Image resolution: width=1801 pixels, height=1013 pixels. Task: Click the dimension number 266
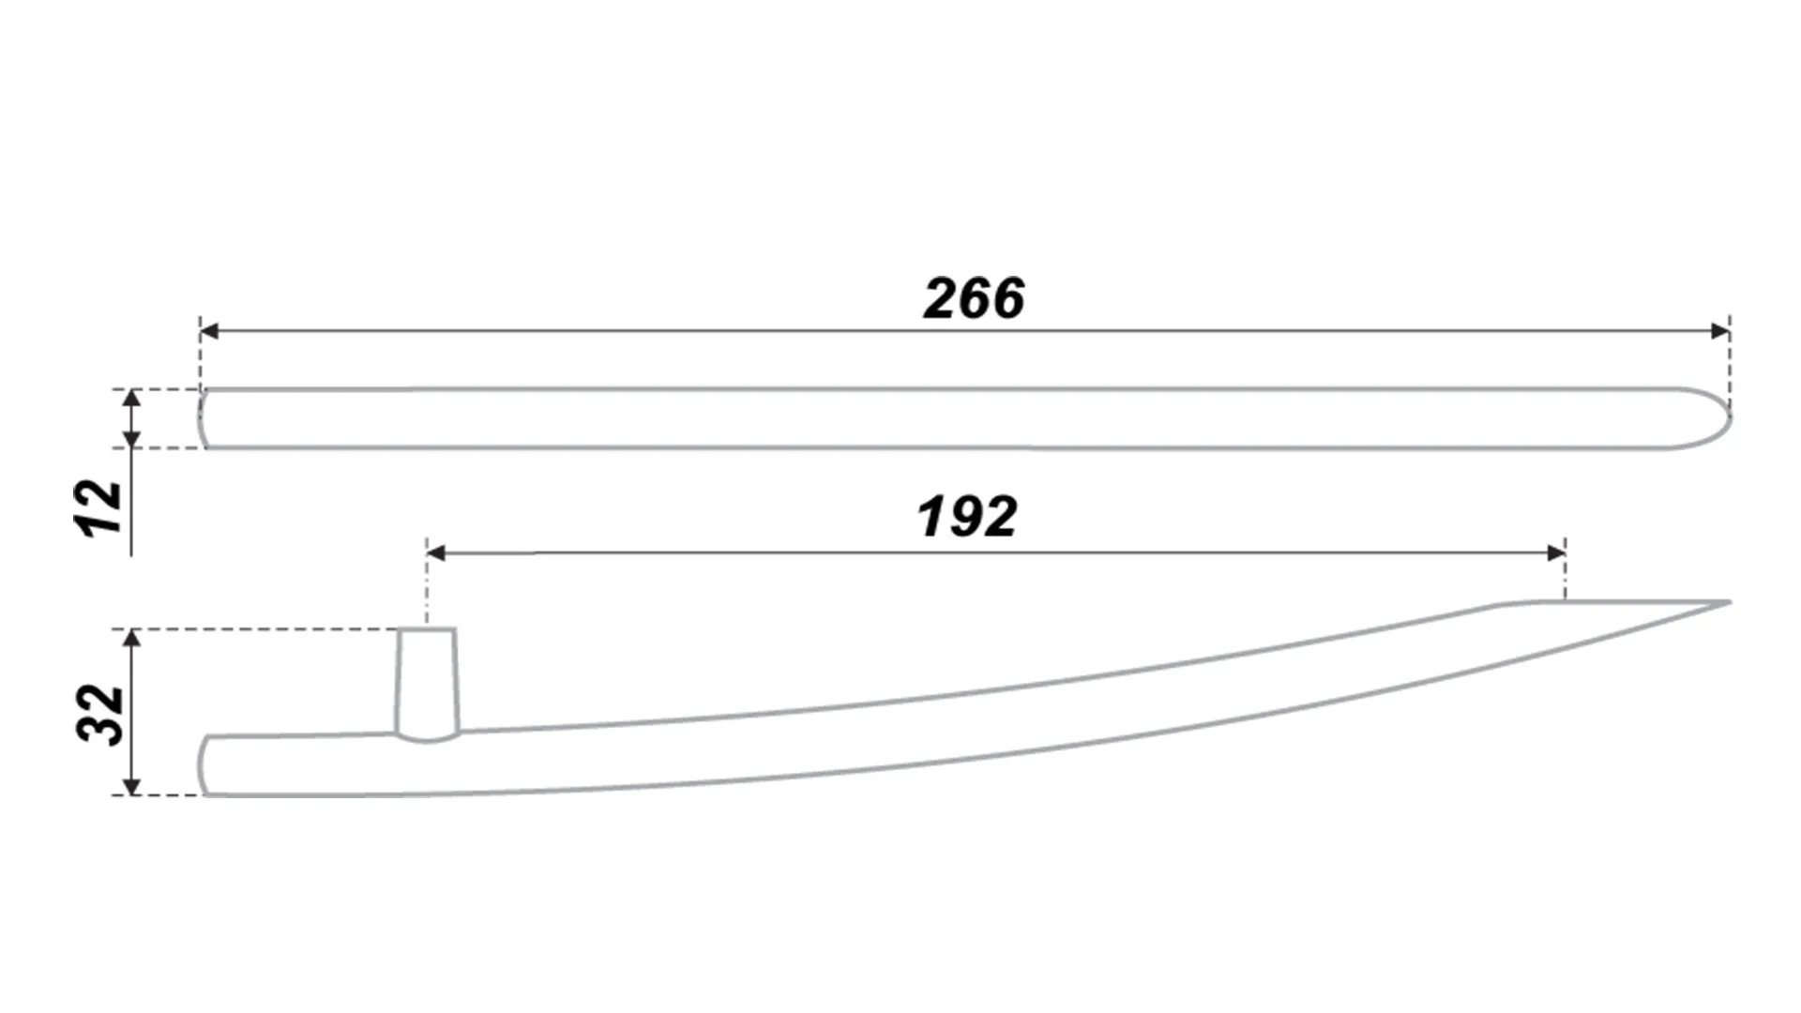(x=974, y=298)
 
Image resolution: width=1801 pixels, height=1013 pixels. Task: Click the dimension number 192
(x=966, y=517)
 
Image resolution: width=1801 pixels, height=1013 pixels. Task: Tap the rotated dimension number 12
(x=99, y=508)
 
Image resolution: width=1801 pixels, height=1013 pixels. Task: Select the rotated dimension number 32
(x=100, y=716)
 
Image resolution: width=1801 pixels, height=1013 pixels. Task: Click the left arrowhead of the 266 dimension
(x=209, y=331)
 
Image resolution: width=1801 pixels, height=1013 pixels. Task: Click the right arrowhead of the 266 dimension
(x=1720, y=331)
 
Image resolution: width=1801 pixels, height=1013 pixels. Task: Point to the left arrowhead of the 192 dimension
(x=436, y=553)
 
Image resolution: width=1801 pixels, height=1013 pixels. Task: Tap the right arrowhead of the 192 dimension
(x=1555, y=553)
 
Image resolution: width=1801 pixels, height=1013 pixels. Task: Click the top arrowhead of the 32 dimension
(x=132, y=640)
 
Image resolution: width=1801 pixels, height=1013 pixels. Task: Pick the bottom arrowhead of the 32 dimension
(x=132, y=785)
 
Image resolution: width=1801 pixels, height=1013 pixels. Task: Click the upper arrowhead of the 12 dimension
(x=132, y=399)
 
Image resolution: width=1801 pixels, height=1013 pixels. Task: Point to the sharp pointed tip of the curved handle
(x=1729, y=602)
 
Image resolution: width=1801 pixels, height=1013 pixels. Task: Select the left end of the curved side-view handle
(x=201, y=765)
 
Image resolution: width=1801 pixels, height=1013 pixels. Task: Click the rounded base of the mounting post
(x=428, y=738)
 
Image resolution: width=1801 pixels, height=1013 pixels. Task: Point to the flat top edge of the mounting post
(x=428, y=629)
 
